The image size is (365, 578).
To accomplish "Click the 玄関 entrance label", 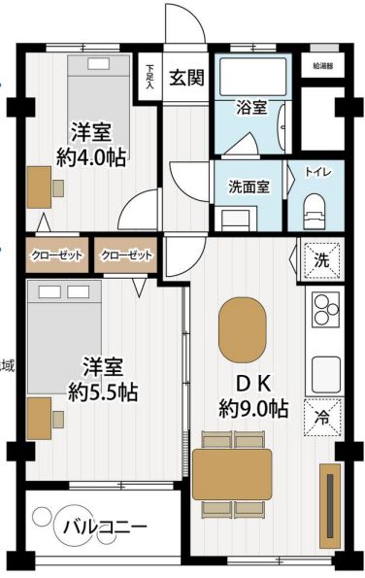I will (x=186, y=79).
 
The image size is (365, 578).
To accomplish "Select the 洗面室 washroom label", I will (x=249, y=187).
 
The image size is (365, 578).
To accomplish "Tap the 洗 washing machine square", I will (x=319, y=259).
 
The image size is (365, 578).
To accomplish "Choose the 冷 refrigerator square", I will (x=319, y=417).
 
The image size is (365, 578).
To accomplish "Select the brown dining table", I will (x=232, y=473).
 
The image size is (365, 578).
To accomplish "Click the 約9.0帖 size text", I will (x=252, y=408).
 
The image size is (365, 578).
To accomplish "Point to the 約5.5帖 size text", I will (x=102, y=392).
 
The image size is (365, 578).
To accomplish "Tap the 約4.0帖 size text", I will (x=90, y=157).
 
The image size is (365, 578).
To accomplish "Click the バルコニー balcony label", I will (x=105, y=528).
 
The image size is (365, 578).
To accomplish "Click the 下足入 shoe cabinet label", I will (x=150, y=77).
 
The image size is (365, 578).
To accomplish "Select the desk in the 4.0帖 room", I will (x=38, y=187).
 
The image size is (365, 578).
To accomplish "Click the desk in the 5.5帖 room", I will (x=40, y=419).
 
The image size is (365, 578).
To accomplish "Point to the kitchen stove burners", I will (x=322, y=308).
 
